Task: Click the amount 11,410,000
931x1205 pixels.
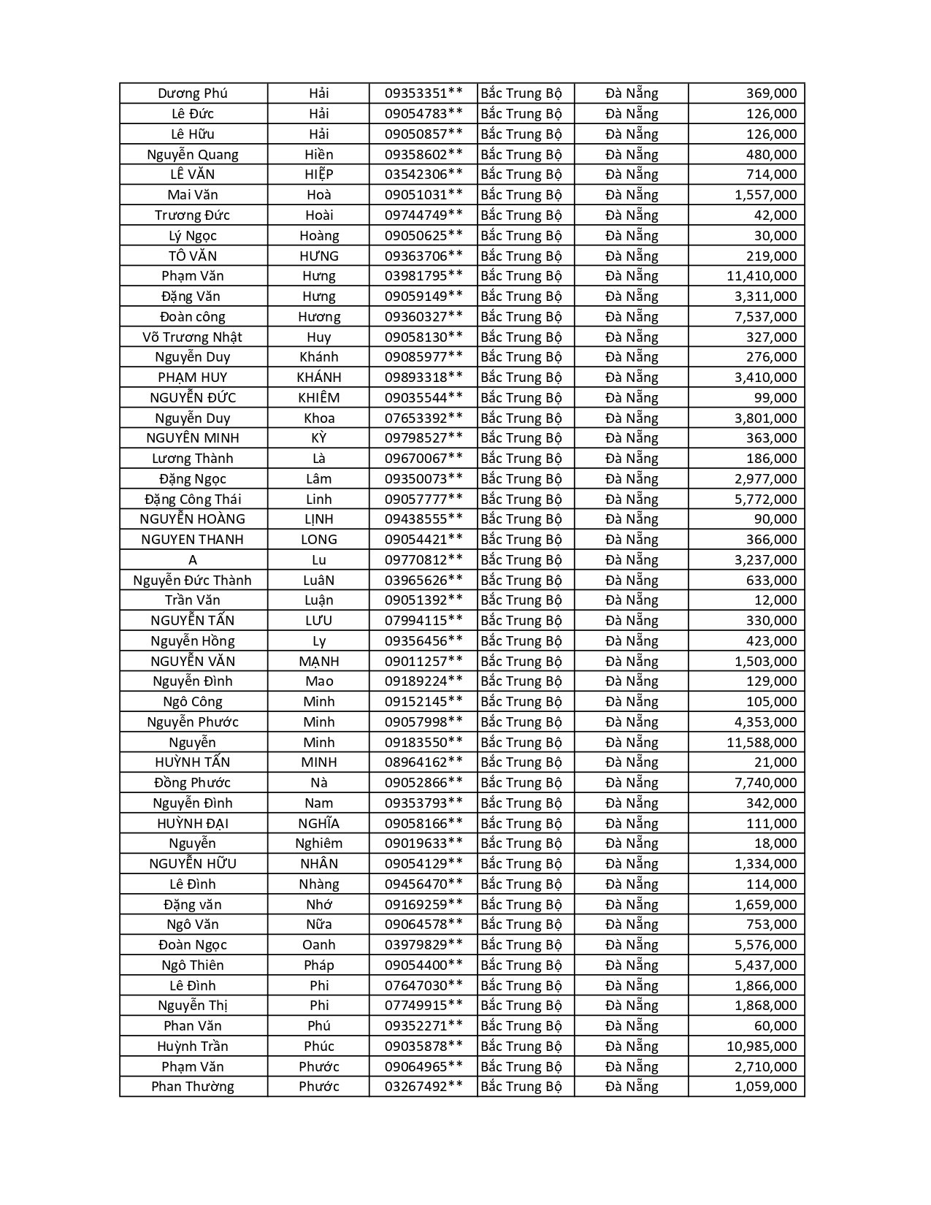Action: pos(762,276)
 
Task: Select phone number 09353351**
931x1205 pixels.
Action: pos(424,93)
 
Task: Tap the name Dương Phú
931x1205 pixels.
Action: pos(193,93)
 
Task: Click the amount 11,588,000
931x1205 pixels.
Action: pos(762,742)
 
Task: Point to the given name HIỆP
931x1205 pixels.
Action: pos(319,175)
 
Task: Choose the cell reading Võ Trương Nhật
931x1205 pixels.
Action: pos(193,337)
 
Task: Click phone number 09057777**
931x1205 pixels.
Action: pos(424,499)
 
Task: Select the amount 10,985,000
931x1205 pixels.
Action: pos(762,1046)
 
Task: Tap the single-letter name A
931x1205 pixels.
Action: pos(193,560)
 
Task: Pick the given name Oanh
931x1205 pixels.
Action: pos(319,944)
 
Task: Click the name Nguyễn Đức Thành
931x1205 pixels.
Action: pos(193,581)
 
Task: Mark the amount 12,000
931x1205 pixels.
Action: pos(775,600)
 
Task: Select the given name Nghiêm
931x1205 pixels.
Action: pos(319,843)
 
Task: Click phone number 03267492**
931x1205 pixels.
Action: pos(424,1086)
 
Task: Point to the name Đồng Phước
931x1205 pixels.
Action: pos(193,783)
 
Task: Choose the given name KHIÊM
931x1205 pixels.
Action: pos(319,397)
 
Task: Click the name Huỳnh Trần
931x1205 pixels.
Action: pos(193,1046)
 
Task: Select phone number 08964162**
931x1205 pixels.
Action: pos(424,762)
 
